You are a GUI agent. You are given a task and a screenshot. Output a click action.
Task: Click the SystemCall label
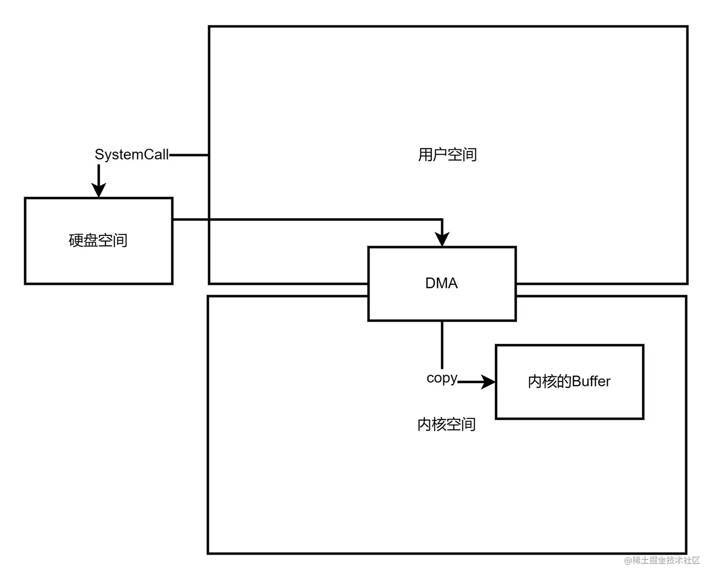pyautogui.click(x=131, y=155)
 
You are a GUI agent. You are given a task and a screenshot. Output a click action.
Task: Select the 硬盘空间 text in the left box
pyautogui.click(x=98, y=241)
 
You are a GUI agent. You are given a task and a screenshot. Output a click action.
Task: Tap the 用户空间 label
pyautogui.click(x=447, y=155)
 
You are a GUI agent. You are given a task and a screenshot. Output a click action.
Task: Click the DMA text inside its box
pyautogui.click(x=441, y=283)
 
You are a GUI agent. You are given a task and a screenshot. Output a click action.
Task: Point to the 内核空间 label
pyautogui.click(x=446, y=424)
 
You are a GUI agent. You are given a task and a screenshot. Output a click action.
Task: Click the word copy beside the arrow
pyautogui.click(x=442, y=378)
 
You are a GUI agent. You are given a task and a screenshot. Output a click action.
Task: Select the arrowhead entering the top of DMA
pyautogui.click(x=442, y=239)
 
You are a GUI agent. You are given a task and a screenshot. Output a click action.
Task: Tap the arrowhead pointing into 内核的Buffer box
pyautogui.click(x=488, y=381)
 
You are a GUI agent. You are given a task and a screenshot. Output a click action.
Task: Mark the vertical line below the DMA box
pyautogui.click(x=442, y=344)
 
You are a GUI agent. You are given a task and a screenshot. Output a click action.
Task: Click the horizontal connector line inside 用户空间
pyautogui.click(x=326, y=220)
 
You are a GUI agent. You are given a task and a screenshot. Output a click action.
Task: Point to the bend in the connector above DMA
pyautogui.click(x=442, y=220)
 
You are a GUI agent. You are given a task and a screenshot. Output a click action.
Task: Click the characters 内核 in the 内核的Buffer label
pyautogui.click(x=542, y=381)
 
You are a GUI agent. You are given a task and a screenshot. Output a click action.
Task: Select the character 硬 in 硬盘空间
pyautogui.click(x=76, y=241)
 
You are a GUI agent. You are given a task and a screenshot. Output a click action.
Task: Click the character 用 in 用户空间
pyautogui.click(x=425, y=155)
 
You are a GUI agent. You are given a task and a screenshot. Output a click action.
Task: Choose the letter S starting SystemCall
pyautogui.click(x=99, y=155)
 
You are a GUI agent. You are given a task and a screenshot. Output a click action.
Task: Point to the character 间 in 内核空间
pyautogui.click(x=469, y=424)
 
